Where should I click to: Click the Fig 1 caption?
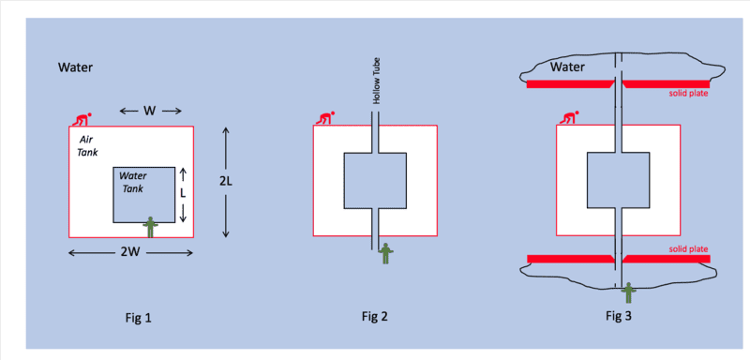tap(137, 317)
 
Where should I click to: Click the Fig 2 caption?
tap(374, 316)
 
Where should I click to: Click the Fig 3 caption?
tap(619, 316)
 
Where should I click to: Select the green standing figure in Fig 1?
tap(151, 227)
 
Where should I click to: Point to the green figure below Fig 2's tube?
tap(385, 253)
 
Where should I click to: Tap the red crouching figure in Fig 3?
tap(569, 118)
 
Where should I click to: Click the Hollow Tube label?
tap(376, 86)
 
